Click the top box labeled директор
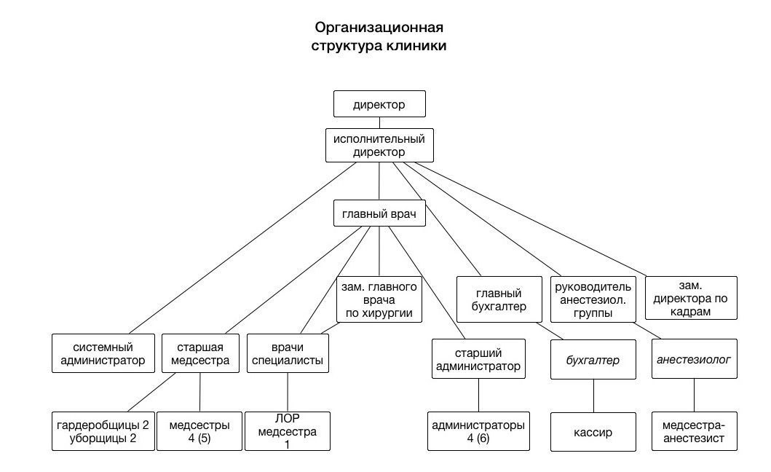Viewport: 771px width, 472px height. click(379, 104)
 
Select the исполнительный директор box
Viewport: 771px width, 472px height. click(379, 145)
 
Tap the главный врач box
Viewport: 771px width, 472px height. click(379, 213)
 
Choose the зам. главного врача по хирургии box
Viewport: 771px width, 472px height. click(379, 300)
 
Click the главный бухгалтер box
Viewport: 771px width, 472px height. click(499, 300)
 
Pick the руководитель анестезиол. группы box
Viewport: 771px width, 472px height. click(593, 300)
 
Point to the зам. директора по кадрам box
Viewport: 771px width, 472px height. click(691, 298)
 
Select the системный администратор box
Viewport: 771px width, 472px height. click(103, 353)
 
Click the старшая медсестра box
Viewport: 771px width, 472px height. click(200, 353)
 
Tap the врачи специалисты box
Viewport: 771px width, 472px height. click(288, 353)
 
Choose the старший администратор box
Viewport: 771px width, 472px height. click(478, 359)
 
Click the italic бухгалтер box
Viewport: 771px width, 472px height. click(593, 359)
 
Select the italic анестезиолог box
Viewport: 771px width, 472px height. click(695, 359)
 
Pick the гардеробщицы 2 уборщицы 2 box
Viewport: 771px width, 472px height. click(103, 431)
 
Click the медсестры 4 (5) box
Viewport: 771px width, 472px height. click(199, 431)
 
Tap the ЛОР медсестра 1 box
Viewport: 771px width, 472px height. click(288, 431)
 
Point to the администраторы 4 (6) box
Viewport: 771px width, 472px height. click(478, 431)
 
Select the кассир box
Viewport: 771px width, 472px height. click(593, 432)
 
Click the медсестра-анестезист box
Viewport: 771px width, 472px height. click(695, 431)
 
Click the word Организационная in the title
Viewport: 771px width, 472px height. click(379, 28)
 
